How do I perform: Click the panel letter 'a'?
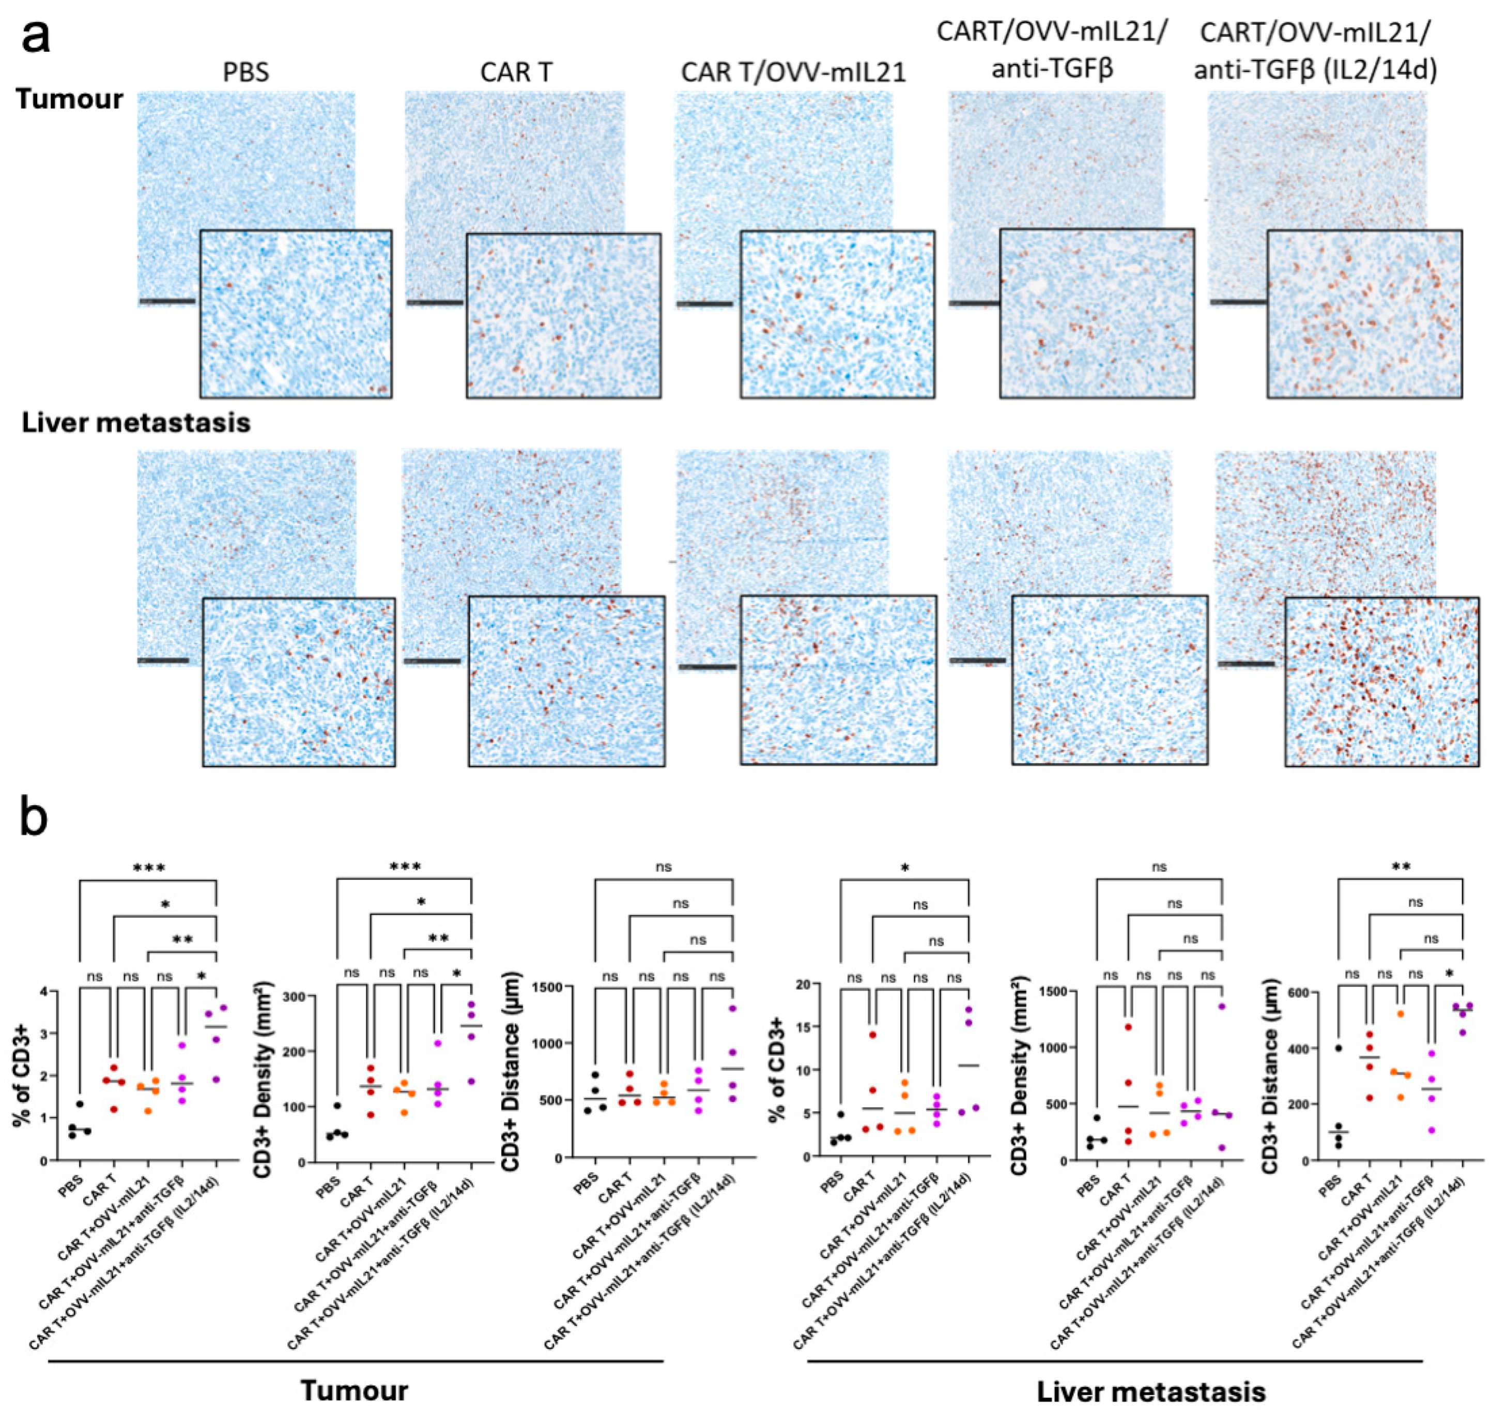(x=36, y=38)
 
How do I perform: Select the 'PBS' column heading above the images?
(x=245, y=72)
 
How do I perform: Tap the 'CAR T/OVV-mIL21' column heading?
(x=793, y=72)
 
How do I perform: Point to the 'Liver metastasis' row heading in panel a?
(x=136, y=423)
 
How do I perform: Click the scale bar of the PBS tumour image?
(x=166, y=301)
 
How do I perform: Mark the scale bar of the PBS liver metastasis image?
(x=163, y=660)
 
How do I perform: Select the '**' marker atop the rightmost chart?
(x=1401, y=868)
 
